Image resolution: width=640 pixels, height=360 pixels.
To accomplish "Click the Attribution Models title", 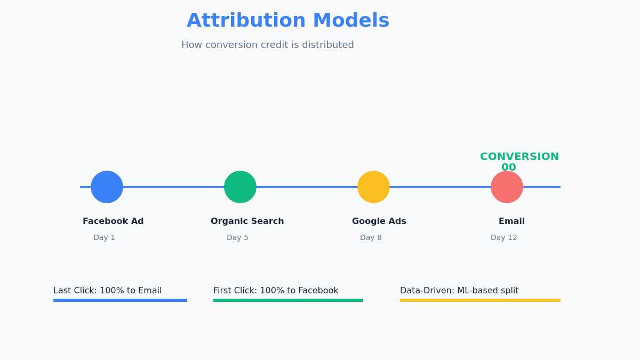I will [x=288, y=21].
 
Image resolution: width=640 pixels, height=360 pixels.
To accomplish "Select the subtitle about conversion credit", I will [x=267, y=45].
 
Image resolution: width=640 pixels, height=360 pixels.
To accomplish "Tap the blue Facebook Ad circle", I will [x=107, y=187].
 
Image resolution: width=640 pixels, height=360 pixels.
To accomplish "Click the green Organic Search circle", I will [x=240, y=187].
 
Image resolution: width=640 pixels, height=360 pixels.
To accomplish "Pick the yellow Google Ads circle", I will [x=373, y=187].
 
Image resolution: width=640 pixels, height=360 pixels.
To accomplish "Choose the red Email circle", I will [x=507, y=187].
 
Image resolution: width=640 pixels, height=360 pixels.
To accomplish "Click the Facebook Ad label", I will [x=113, y=221].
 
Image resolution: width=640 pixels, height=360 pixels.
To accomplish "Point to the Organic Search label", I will [x=247, y=221].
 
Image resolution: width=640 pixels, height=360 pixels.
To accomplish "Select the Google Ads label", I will [x=379, y=221].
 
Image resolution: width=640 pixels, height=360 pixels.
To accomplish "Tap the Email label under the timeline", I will [x=511, y=221].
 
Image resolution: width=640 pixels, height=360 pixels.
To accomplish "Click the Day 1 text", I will [x=104, y=238].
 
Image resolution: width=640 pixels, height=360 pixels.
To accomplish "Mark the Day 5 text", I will [x=237, y=238].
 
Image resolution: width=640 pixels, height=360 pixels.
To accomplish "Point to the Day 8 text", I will [x=371, y=238].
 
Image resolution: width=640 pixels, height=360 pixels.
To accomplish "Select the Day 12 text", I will [x=503, y=238].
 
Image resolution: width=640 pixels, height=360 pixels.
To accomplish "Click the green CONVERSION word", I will [x=519, y=157].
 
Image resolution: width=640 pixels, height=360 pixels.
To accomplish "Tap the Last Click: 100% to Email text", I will [x=107, y=291].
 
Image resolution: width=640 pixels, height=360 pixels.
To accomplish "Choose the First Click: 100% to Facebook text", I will [x=276, y=291].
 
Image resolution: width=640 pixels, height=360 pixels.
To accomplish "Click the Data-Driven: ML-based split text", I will [x=459, y=291].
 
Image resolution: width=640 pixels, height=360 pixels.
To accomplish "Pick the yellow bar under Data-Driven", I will [x=480, y=300].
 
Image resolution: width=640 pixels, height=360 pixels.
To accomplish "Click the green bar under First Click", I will [x=288, y=300].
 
